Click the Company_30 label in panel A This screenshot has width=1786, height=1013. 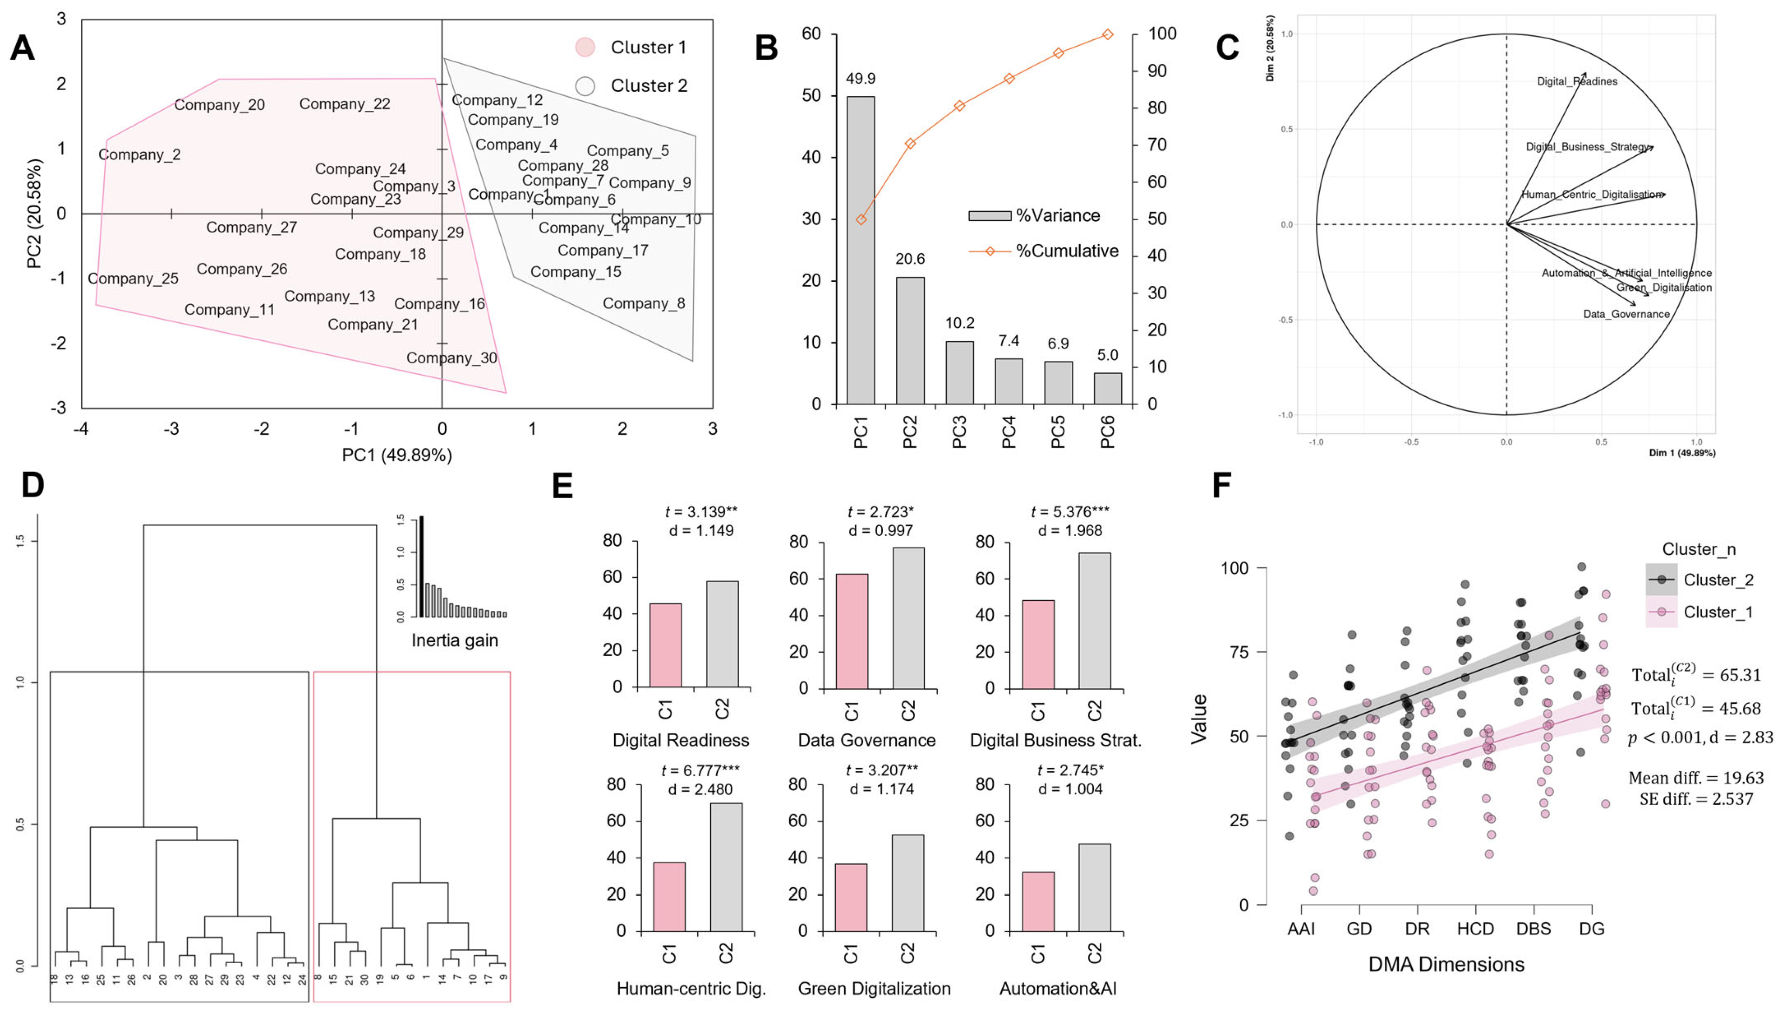tap(452, 358)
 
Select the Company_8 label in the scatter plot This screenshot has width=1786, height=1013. tap(644, 303)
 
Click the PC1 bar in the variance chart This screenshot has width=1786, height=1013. tap(860, 250)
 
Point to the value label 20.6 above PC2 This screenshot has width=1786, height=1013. tap(910, 259)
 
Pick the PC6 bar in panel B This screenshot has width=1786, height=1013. tap(1108, 388)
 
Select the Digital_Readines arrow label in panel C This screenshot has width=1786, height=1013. tap(1577, 82)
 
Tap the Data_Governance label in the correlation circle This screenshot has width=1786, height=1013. tap(1627, 314)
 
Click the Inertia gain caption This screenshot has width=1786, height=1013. tap(454, 640)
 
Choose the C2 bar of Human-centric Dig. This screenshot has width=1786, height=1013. tap(726, 867)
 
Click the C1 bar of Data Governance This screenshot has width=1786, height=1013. tap(852, 631)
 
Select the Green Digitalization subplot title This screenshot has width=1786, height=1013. tap(874, 989)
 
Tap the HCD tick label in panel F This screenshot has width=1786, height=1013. tap(1476, 929)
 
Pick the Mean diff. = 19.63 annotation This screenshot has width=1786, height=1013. tap(1696, 778)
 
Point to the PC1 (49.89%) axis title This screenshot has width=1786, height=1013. tap(397, 455)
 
